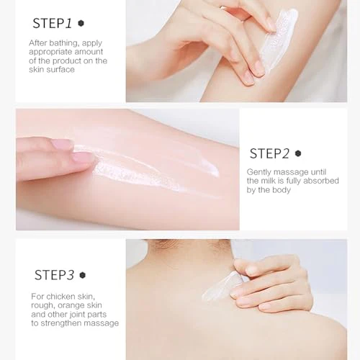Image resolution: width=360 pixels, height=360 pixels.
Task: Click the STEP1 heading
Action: pyautogui.click(x=52, y=24)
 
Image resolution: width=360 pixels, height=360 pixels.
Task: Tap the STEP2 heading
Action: pyautogui.click(x=269, y=153)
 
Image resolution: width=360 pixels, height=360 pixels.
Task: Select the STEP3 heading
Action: pyautogui.click(x=54, y=275)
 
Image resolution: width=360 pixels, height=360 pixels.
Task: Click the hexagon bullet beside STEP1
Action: pyautogui.click(x=81, y=23)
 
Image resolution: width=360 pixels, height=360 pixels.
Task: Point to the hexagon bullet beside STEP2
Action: pyautogui.click(x=298, y=153)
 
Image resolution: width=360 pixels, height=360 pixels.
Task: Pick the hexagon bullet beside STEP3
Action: pyautogui.click(x=83, y=275)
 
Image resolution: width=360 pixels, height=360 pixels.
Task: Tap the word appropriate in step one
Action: pyautogui.click(x=50, y=52)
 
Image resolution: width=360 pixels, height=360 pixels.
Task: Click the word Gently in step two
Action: pyautogui.click(x=259, y=172)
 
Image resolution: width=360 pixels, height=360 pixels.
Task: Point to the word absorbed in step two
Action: pyautogui.click(x=321, y=181)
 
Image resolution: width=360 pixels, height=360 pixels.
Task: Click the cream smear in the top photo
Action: pyautogui.click(x=279, y=40)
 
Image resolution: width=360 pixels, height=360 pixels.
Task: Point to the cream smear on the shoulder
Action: pyautogui.click(x=220, y=287)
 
